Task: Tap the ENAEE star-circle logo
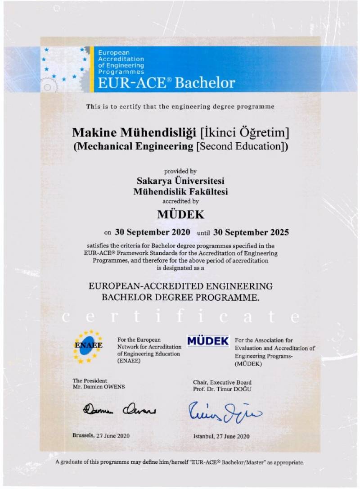[88, 346]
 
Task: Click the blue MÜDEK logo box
[208, 341]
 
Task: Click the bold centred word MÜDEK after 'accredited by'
[180, 214]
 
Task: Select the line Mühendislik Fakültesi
[180, 191]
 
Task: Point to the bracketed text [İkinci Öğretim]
[245, 133]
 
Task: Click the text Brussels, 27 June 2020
[101, 435]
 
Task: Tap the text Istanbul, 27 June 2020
[221, 436]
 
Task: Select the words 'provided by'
[180, 172]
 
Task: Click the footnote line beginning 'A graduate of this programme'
[180, 462]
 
